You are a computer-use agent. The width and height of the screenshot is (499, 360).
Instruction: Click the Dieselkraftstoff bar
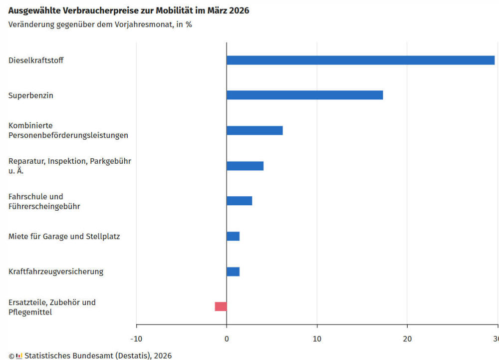click(360, 60)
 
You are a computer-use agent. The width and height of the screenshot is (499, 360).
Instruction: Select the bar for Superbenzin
click(304, 95)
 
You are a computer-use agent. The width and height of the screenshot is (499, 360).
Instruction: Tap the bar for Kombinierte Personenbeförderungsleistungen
click(254, 130)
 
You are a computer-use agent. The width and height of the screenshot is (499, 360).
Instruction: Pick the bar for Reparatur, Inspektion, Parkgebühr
click(245, 166)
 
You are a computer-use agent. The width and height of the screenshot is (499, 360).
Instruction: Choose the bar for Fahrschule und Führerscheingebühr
click(239, 201)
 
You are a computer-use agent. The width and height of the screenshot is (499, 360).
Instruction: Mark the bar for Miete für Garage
click(233, 236)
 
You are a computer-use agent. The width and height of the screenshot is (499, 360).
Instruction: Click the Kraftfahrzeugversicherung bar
click(233, 272)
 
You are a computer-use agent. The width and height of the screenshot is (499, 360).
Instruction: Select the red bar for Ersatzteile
click(221, 307)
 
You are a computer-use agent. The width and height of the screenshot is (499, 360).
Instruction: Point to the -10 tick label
click(136, 340)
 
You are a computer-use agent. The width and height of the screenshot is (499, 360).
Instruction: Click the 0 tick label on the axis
click(227, 340)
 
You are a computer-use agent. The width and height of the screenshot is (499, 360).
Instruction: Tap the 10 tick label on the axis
click(317, 340)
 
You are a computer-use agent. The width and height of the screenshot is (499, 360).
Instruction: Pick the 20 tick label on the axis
click(407, 340)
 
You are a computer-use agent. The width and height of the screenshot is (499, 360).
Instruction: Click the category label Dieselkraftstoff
click(36, 60)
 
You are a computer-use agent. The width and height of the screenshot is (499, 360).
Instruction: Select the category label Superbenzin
click(30, 95)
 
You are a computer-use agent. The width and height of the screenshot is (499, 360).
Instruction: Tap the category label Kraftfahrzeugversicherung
click(56, 272)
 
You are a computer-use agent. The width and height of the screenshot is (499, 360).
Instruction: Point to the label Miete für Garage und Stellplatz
click(64, 236)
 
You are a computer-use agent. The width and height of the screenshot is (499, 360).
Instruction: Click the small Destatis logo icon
click(19, 356)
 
